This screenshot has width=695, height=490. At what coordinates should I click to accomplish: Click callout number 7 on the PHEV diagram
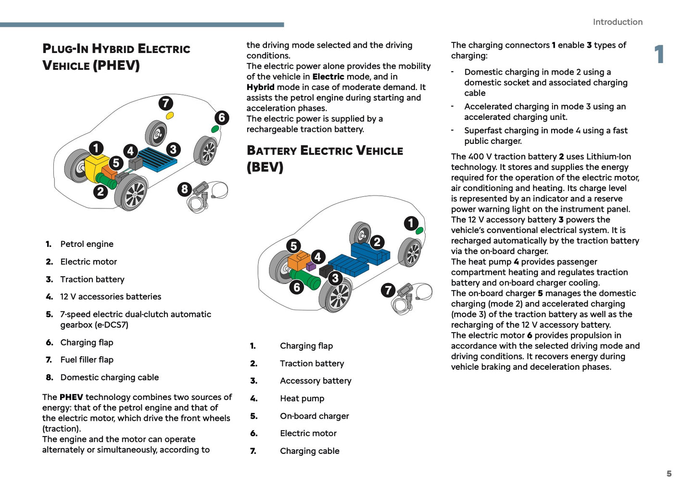[x=165, y=103]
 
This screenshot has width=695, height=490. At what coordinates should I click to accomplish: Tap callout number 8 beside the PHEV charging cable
[x=184, y=189]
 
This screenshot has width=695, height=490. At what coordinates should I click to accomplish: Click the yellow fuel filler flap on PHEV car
[x=169, y=116]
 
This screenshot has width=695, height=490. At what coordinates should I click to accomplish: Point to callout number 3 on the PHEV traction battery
[x=173, y=149]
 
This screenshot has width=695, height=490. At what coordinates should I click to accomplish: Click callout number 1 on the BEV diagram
[x=411, y=223]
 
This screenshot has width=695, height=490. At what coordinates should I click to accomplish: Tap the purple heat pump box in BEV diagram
[x=311, y=266]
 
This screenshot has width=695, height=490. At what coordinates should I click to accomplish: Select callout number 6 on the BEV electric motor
[x=296, y=287]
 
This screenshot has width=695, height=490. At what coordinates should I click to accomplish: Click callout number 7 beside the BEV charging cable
[x=388, y=290]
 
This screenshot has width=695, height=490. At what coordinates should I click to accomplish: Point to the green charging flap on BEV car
[x=419, y=231]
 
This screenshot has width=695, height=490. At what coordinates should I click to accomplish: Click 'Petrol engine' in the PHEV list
[x=87, y=244]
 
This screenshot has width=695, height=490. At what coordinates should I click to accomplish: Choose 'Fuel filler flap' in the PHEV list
[x=87, y=360]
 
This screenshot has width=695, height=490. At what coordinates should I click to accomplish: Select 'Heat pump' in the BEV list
[x=302, y=399]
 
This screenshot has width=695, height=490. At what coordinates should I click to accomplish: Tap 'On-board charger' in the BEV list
[x=314, y=416]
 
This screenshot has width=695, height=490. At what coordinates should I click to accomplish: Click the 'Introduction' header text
[x=618, y=22]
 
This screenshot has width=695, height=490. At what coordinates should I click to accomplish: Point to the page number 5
[x=669, y=474]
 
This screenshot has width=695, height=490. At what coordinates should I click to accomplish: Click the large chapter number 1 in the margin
[x=659, y=54]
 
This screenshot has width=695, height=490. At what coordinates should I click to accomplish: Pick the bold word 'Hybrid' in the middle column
[x=260, y=87]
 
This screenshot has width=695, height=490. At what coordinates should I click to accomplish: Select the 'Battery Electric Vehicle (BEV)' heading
[x=325, y=158]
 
